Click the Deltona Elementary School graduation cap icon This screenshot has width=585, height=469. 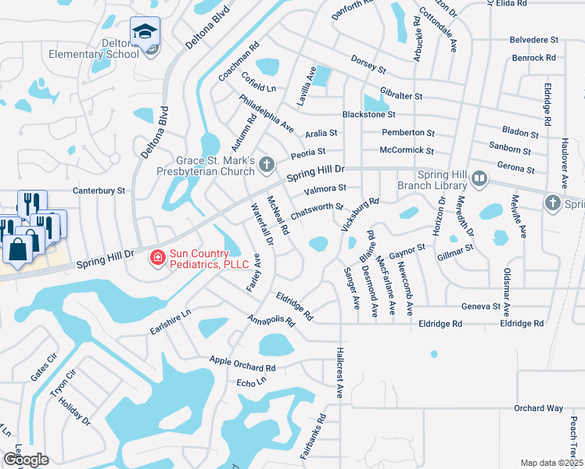[145, 32]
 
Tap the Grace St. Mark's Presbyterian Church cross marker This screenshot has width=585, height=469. [267, 164]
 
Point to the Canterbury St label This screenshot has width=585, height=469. [99, 190]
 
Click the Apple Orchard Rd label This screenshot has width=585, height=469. [242, 363]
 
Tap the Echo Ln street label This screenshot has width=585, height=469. [251, 382]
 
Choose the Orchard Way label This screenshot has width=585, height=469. [538, 408]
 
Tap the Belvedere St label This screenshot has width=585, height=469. [533, 38]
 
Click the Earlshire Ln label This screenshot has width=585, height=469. [170, 324]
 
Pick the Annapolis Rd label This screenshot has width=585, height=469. [270, 319]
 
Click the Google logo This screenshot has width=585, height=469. [26, 460]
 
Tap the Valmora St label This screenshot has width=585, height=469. [325, 188]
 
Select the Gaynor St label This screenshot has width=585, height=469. [405, 250]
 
